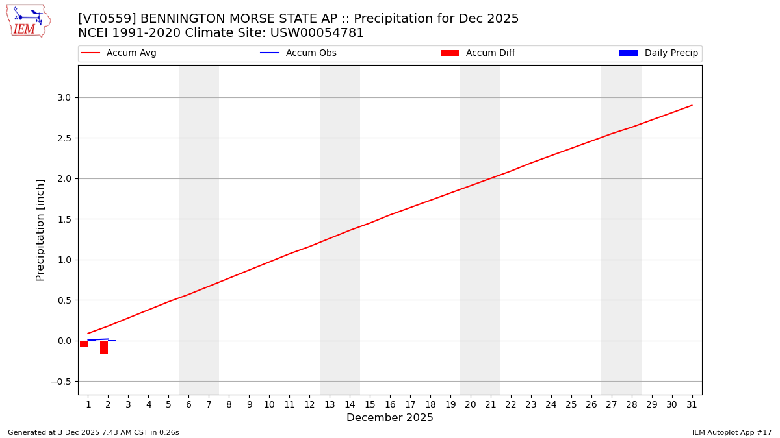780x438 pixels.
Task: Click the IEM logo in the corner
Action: (x=28, y=21)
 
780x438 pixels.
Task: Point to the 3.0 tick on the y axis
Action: (x=63, y=97)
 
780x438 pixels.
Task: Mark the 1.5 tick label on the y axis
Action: (x=63, y=219)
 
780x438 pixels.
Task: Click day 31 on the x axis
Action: (x=692, y=405)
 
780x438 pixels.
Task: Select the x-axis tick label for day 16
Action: (x=390, y=405)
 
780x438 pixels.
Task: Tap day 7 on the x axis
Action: (x=209, y=405)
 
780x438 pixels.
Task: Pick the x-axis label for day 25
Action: (x=571, y=405)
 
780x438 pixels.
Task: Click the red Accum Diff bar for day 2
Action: (x=104, y=347)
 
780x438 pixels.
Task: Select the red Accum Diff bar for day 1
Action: (x=84, y=344)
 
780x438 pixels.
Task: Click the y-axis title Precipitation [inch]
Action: (x=40, y=230)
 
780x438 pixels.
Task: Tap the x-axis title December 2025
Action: (x=390, y=418)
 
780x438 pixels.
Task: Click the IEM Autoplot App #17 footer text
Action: (x=731, y=432)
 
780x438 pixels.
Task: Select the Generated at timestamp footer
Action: (x=93, y=432)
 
